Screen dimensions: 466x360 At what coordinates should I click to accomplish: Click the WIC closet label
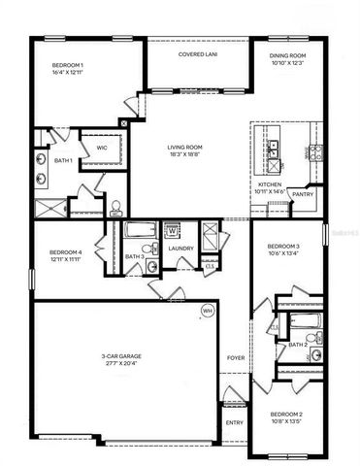pos(101,149)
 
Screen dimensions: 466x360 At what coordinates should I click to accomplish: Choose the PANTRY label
pos(301,194)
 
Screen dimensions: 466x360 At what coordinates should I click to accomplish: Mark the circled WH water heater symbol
pos(207,311)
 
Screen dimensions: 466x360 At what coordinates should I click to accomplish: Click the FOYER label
pos(236,358)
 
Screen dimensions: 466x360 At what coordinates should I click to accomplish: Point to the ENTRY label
pos(234,422)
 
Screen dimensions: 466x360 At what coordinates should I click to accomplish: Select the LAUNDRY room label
pos(181,249)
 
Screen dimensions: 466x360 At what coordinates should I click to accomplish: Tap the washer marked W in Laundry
pos(173,231)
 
